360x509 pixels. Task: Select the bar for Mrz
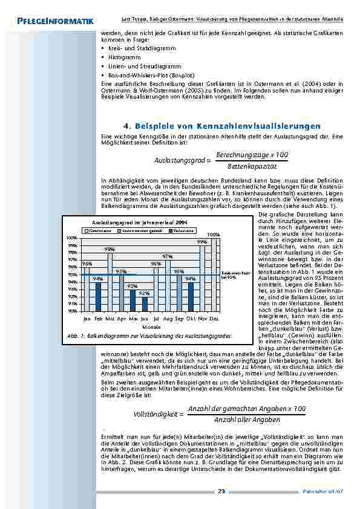110,281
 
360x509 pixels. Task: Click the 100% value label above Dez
213,234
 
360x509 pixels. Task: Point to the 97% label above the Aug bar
168,256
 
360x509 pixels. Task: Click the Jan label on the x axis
87,317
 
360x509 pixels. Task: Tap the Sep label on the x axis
179,317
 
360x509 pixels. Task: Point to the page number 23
221,491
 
